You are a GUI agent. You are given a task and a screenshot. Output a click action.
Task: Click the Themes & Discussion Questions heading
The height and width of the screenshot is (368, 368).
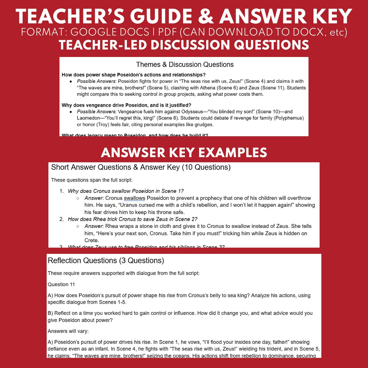coord(185,65)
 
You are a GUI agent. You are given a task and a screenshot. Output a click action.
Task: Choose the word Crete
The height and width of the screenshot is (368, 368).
coord(91,240)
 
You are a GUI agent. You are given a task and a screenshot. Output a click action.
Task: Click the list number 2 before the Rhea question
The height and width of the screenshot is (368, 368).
coord(61,219)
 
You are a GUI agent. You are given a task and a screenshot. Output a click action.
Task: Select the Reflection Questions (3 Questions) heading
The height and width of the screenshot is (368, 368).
coord(106,261)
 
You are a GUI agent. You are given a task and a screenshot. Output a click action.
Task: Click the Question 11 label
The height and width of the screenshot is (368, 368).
coord(61,284)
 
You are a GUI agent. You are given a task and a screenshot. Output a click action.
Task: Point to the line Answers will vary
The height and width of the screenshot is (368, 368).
coord(68,331)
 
